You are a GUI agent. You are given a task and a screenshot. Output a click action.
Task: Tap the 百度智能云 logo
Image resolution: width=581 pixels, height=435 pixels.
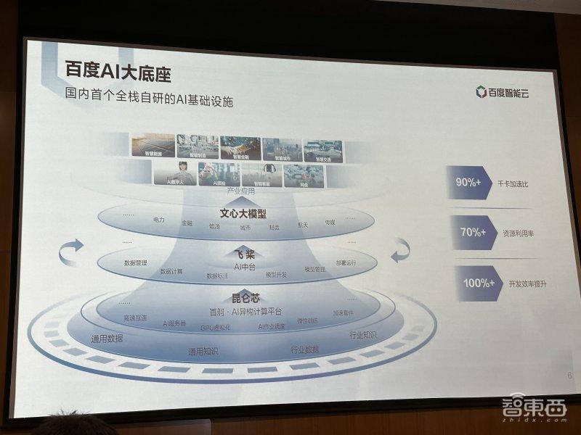click(501, 92)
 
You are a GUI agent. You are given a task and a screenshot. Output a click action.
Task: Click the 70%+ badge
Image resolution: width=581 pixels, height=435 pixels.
click(472, 232)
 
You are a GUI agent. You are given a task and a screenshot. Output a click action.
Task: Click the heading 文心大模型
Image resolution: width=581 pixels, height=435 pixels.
click(243, 213)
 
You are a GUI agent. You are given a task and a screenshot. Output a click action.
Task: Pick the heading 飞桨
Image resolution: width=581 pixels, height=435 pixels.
click(243, 254)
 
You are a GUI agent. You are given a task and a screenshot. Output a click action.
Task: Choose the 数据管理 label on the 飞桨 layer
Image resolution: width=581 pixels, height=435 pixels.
click(136, 262)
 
